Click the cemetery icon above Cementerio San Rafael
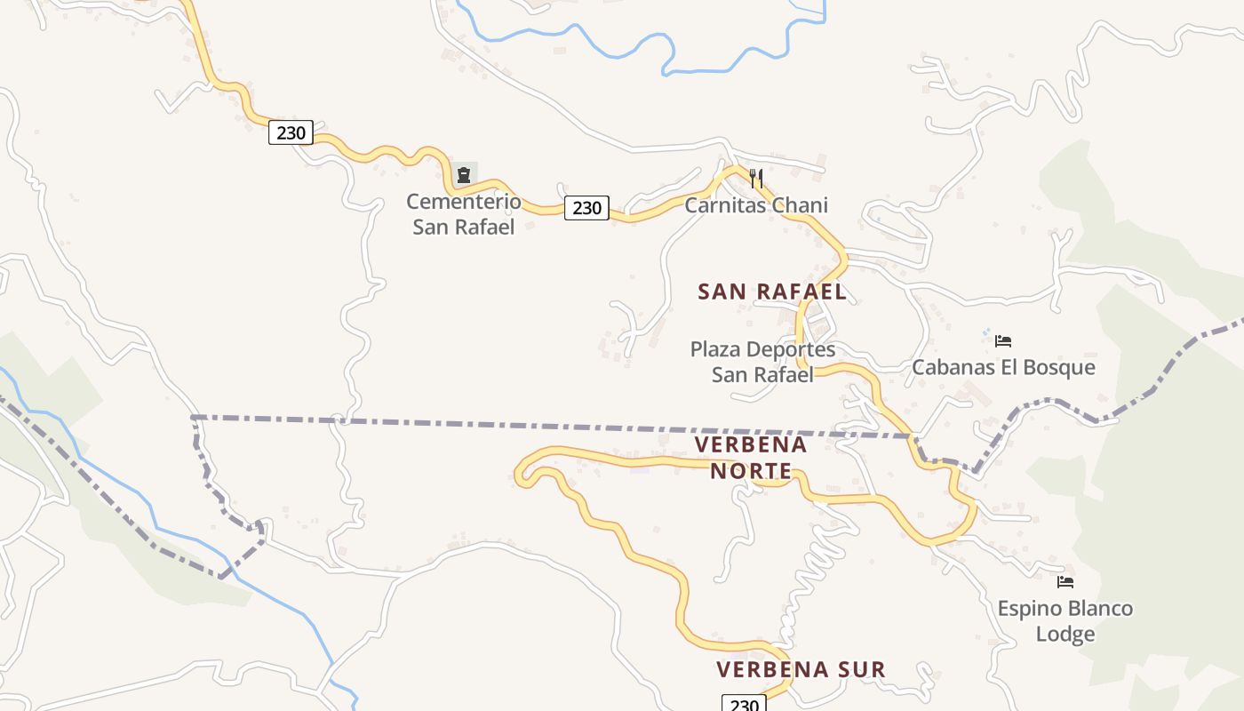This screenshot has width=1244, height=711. pyautogui.click(x=464, y=174)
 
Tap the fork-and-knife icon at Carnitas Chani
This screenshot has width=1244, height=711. pyautogui.click(x=756, y=178)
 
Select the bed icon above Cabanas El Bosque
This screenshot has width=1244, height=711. pyautogui.click(x=1003, y=340)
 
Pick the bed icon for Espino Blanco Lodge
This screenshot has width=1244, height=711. pyautogui.click(x=1065, y=582)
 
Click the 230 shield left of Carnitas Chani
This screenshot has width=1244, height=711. pyautogui.click(x=586, y=208)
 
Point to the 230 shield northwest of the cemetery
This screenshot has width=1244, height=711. pyautogui.click(x=291, y=133)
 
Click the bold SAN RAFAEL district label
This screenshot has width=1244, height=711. pyautogui.click(x=771, y=292)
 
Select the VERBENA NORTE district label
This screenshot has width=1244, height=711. pyautogui.click(x=751, y=457)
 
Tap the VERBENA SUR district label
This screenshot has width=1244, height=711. pyautogui.click(x=801, y=669)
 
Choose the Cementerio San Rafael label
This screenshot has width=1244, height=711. pyautogui.click(x=464, y=213)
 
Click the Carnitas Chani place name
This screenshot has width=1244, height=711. pyautogui.click(x=756, y=205)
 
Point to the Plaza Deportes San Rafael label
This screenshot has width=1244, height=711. pyautogui.click(x=762, y=362)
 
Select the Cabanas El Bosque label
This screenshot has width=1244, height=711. pyautogui.click(x=1003, y=367)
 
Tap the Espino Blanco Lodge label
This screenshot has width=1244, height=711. pyautogui.click(x=1065, y=621)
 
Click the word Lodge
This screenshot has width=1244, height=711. pyautogui.click(x=1065, y=635)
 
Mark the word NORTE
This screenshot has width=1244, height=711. pyautogui.click(x=751, y=470)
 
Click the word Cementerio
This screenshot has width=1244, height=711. pyautogui.click(x=464, y=201)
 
